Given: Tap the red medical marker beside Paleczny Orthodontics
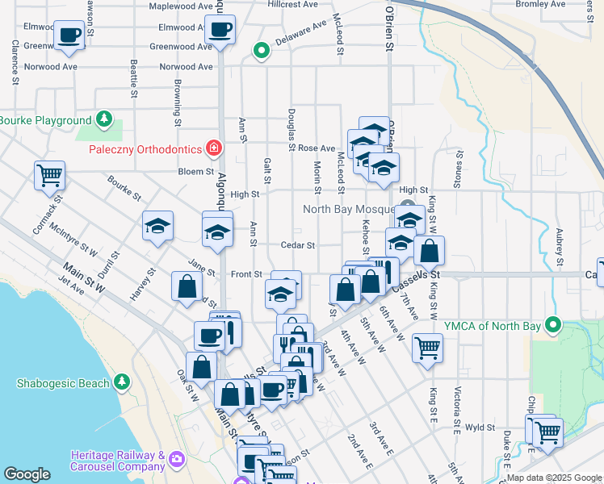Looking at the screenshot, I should tap(213, 148).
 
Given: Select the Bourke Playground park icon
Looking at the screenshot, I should tap(103, 120).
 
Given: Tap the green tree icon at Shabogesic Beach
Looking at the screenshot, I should tap(121, 381).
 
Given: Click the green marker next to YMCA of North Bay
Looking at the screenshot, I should tap(553, 326).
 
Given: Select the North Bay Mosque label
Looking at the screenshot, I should tap(348, 209).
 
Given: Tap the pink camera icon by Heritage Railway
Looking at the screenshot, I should tap(176, 461).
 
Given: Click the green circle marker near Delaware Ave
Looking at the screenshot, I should tap(261, 51).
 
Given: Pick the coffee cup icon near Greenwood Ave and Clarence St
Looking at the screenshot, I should tap(69, 35).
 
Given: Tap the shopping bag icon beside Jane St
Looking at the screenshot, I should tap(187, 286).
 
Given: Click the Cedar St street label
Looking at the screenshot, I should tap(297, 245).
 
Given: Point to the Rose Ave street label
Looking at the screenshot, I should tap(317, 148).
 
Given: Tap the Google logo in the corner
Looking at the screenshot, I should tap(27, 474).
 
